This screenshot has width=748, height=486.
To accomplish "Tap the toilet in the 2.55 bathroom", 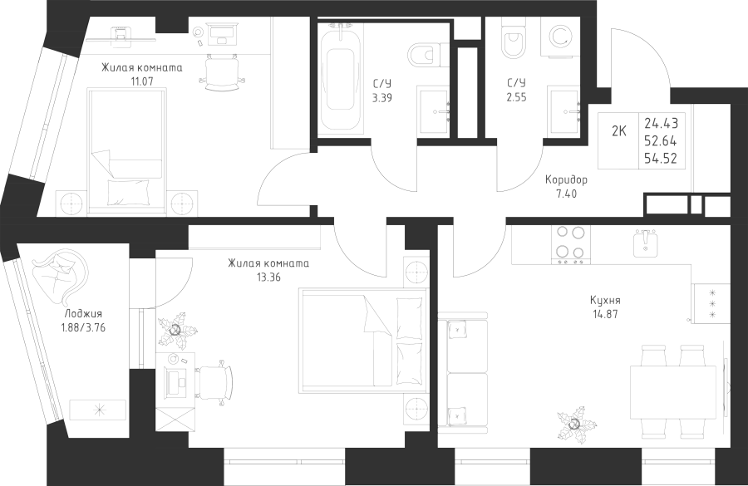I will click(512, 40).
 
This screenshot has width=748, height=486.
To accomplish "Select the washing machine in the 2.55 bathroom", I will click(561, 37).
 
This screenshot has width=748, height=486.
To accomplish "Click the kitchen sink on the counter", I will click(647, 243).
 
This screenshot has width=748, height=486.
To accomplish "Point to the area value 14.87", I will click(605, 314).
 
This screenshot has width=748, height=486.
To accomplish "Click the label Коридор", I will click(567, 179).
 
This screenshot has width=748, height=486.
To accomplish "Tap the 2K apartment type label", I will click(619, 131).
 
